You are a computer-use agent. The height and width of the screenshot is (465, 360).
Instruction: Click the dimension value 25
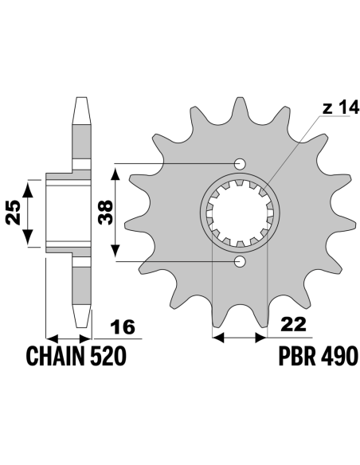[14, 213]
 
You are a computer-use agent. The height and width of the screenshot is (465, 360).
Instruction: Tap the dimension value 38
[106, 213]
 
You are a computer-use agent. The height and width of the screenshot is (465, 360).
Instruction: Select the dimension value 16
[123, 327]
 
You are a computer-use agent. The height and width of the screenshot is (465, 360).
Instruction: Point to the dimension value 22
[293, 324]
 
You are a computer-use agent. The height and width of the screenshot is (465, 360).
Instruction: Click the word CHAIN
[56, 357]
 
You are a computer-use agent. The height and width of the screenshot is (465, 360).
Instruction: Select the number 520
[108, 357]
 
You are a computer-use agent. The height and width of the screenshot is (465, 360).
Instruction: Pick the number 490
[339, 357]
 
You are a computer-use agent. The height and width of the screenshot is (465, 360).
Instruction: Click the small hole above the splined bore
[240, 163]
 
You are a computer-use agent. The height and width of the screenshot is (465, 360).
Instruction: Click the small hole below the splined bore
[240, 261]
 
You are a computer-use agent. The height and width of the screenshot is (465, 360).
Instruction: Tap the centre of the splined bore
[240, 213]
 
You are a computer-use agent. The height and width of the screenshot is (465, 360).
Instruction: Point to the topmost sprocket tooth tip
[240, 99]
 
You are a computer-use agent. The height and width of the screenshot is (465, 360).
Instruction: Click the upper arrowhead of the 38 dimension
[115, 174]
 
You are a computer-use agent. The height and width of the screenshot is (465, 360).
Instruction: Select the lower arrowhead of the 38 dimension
[115, 252]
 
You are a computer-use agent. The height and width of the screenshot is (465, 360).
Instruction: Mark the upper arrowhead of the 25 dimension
[28, 190]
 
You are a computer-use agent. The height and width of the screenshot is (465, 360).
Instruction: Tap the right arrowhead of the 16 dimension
[85, 338]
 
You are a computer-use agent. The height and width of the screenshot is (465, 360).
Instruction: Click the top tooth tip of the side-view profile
[82, 98]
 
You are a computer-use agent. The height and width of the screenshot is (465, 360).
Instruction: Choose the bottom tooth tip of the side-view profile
[82, 326]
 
